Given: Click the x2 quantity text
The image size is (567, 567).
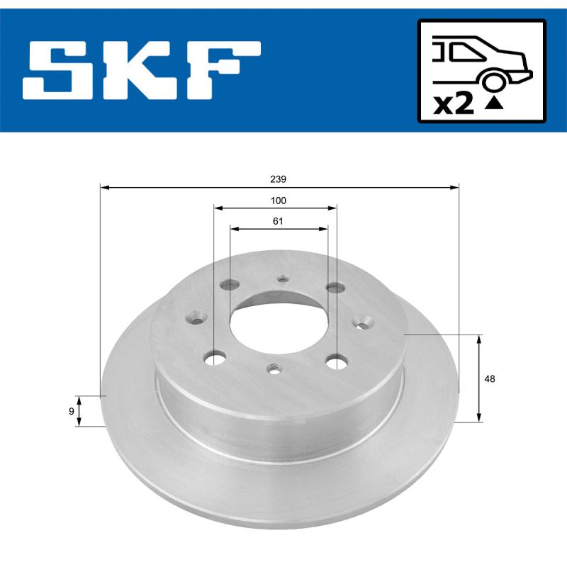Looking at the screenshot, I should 453,105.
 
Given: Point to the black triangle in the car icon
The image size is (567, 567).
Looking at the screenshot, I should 494,104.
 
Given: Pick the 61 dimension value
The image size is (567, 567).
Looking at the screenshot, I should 278,221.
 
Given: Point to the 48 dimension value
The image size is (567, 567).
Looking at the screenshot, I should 490,378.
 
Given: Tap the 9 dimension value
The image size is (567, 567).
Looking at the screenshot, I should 71,411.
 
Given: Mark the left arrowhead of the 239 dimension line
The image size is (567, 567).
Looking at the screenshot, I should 104,188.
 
